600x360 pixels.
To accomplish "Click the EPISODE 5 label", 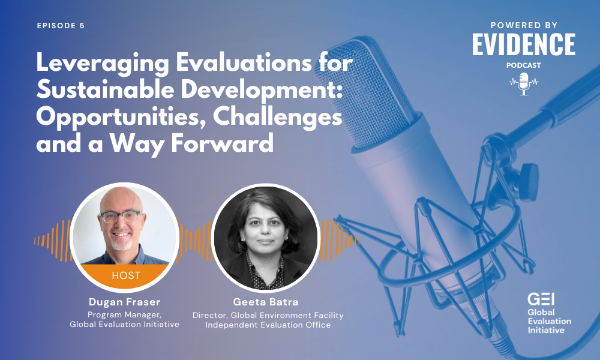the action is tap(61, 26).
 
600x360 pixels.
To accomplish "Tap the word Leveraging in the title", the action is tap(103, 63).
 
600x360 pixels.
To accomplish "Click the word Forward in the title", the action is tap(223, 143).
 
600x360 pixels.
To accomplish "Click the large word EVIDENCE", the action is tap(524, 44).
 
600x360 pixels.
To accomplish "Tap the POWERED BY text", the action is tap(524, 25).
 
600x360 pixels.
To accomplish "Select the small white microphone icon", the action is tap(523, 84).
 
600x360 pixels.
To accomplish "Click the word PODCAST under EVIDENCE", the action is tap(523, 65).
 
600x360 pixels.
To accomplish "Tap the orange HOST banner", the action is tap(125, 275).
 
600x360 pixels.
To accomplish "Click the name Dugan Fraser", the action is tap(125, 302).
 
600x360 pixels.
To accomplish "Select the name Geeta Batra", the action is tap(266, 302).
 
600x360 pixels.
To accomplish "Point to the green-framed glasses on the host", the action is tap(121, 217).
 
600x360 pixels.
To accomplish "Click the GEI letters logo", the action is tap(541, 299).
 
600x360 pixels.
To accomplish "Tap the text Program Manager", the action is tap(124, 315).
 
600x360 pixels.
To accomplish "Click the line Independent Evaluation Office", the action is tap(268, 325).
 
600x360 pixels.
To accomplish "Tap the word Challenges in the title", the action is tap(277, 117).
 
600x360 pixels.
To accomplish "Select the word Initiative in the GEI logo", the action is tap(546, 330).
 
